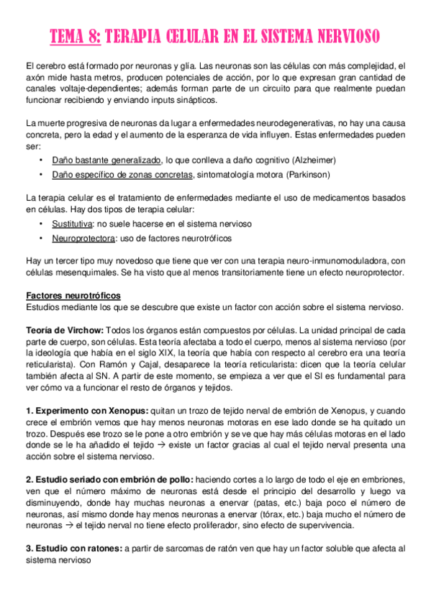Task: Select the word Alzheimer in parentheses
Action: point(309,159)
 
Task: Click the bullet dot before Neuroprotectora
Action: point(42,239)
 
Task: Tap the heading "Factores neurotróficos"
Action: point(83,295)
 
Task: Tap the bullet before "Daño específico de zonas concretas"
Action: point(42,175)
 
